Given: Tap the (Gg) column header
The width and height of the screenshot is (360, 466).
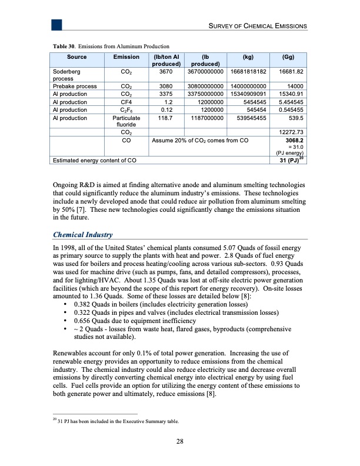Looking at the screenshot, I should pyautogui.click(x=288, y=57).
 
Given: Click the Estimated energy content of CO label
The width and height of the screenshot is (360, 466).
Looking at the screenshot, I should pyautogui.click(x=95, y=160).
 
